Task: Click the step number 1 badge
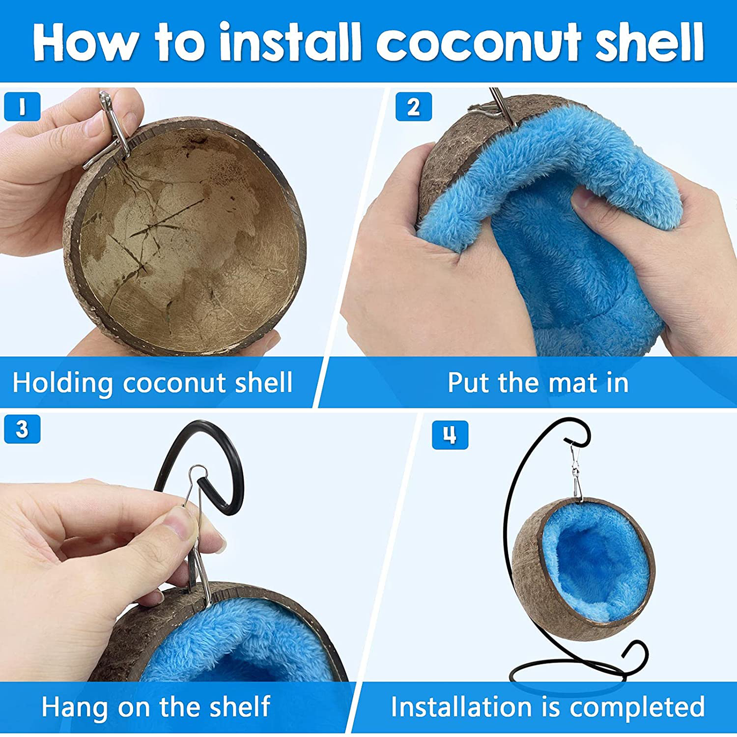coord(22,107)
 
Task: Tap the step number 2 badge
coord(413,107)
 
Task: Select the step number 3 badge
coord(22,429)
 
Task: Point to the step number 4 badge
coord(449,435)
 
